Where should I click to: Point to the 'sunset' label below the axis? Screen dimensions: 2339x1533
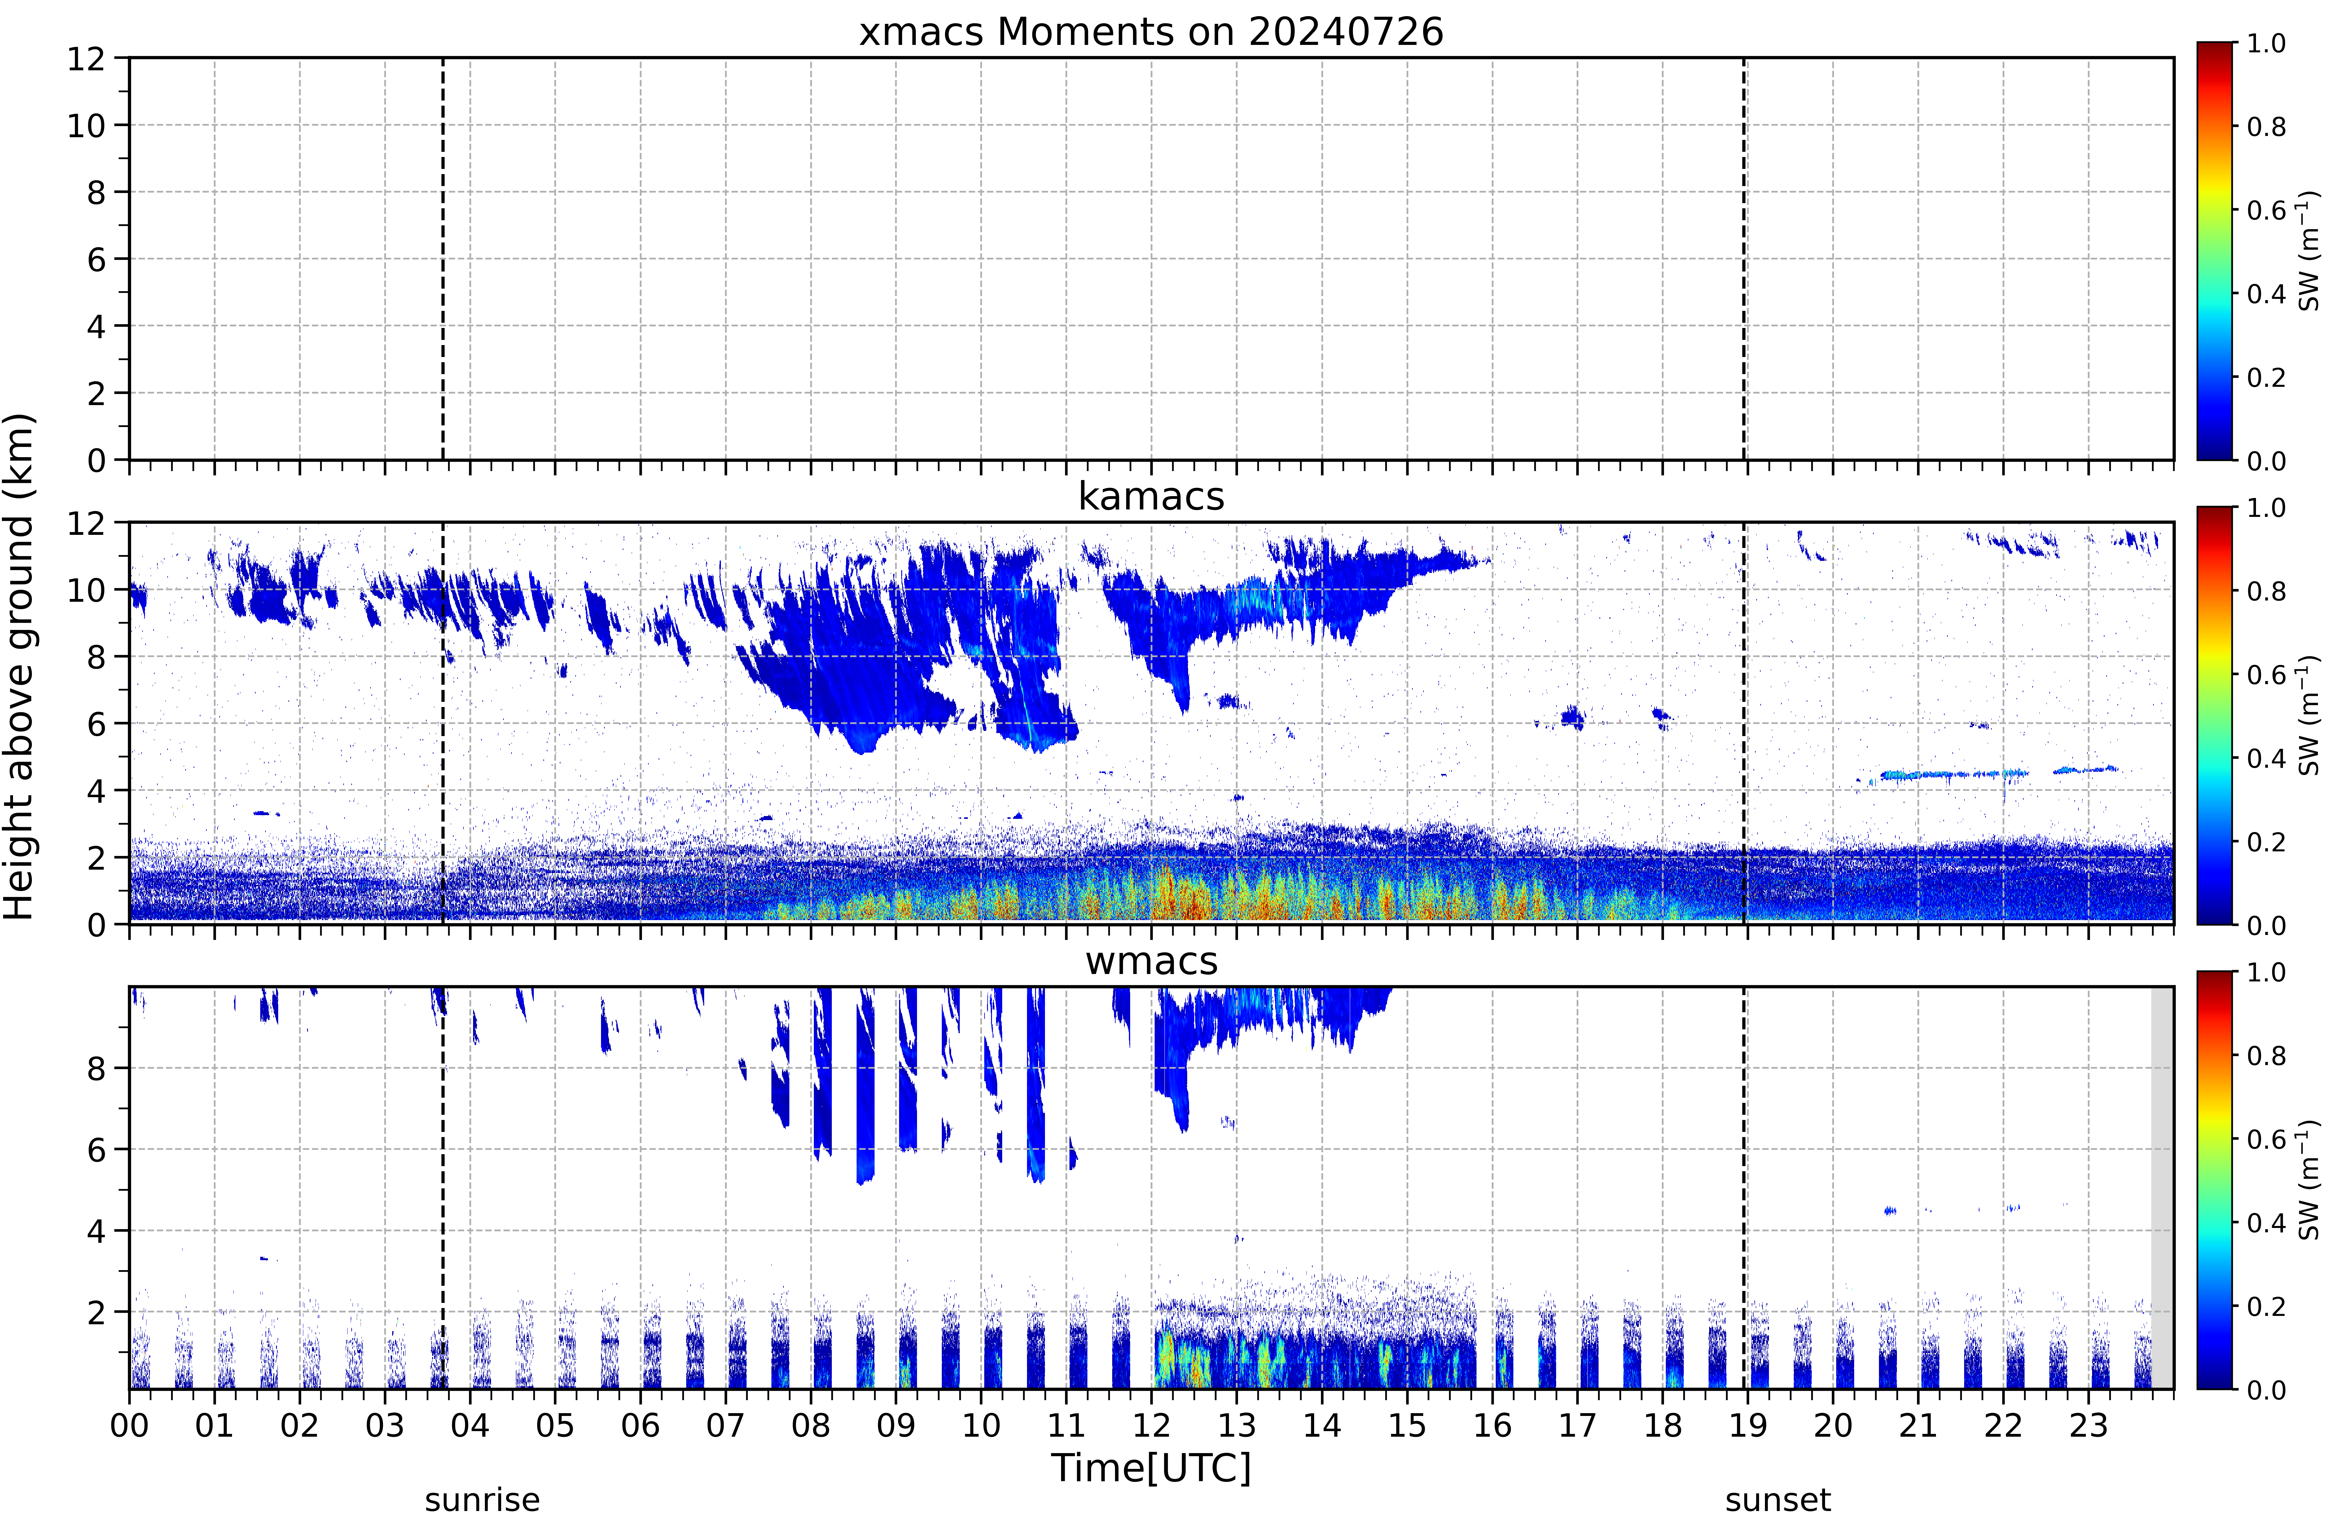tap(1778, 1500)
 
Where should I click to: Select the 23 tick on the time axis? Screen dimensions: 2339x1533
tap(2088, 1425)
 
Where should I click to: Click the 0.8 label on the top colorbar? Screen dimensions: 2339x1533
tap(2266, 127)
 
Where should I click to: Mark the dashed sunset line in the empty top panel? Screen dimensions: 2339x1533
tap(1744, 259)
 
